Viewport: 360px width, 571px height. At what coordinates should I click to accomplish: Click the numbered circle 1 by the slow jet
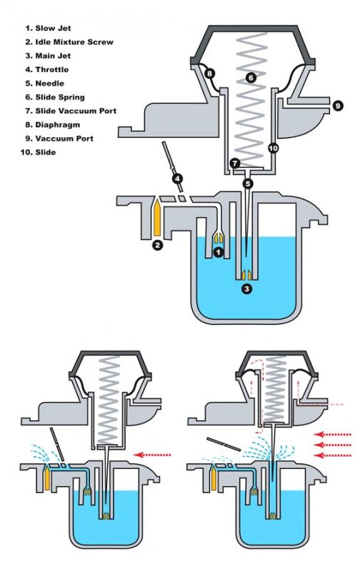pyautogui.click(x=218, y=252)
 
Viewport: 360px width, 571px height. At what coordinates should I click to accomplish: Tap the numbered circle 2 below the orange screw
pyautogui.click(x=157, y=245)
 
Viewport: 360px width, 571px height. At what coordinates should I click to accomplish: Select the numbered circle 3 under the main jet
pyautogui.click(x=247, y=289)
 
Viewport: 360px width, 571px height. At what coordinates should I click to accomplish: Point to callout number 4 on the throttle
pyautogui.click(x=177, y=179)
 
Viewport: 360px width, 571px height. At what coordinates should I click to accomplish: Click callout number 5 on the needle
pyautogui.click(x=248, y=183)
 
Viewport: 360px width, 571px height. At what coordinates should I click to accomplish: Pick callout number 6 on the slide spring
pyautogui.click(x=251, y=77)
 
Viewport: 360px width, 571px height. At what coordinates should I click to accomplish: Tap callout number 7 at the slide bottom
pyautogui.click(x=235, y=163)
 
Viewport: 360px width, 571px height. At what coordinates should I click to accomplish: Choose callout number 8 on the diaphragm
pyautogui.click(x=209, y=74)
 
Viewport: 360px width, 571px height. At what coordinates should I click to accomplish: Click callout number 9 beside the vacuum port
pyautogui.click(x=338, y=106)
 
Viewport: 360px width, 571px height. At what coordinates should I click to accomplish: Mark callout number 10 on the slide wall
pyautogui.click(x=273, y=148)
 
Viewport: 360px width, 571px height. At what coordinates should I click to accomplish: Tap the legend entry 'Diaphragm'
pyautogui.click(x=58, y=125)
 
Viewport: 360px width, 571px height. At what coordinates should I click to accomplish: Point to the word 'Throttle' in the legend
pyautogui.click(x=52, y=69)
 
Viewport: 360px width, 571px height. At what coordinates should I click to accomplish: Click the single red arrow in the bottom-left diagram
pyautogui.click(x=152, y=455)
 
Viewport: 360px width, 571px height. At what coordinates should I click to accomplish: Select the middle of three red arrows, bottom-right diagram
pyautogui.click(x=333, y=445)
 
